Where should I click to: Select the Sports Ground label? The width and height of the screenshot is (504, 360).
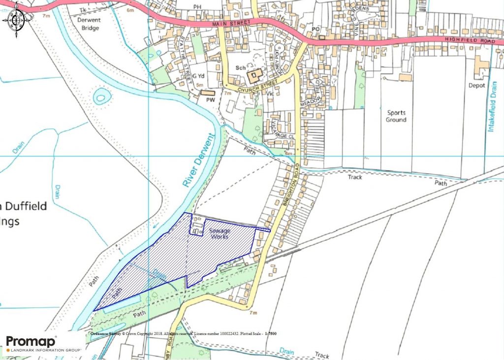coord(396,116)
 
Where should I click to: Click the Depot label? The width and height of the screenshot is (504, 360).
coord(477,84)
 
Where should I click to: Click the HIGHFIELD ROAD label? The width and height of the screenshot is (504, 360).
coord(469,40)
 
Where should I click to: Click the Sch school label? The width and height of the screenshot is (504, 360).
coord(240,67)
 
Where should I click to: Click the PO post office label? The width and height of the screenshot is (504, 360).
coord(316,30)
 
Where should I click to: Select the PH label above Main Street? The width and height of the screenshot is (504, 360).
coord(198,7)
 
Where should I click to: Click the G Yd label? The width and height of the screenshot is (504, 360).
coord(198,76)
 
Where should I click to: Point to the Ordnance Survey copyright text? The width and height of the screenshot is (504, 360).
coord(183,334)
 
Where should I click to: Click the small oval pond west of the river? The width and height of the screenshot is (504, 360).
coord(100,96)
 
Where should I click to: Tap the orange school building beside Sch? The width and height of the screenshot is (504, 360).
coord(254,76)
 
